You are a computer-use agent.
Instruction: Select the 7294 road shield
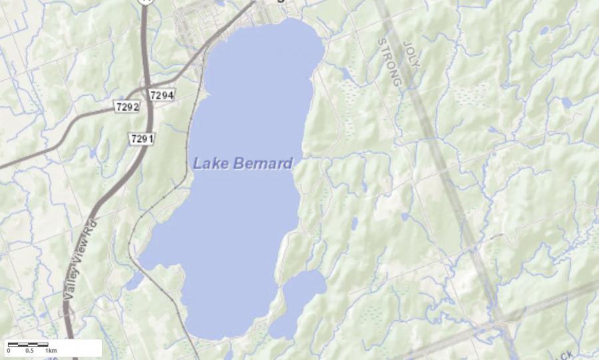[162, 95]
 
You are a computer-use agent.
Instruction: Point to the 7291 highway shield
[142, 138]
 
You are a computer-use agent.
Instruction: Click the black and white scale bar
[28, 344]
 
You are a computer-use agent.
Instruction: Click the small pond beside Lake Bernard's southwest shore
[134, 281]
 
